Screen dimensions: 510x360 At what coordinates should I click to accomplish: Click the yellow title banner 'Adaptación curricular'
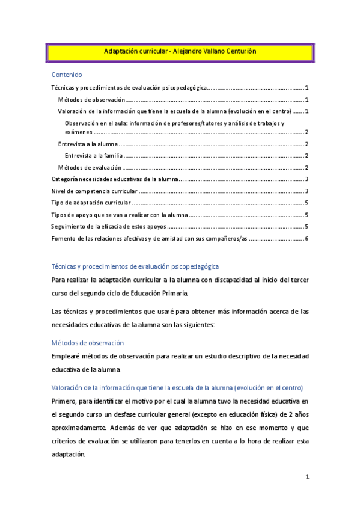(180, 52)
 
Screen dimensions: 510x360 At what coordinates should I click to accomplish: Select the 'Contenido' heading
(66, 75)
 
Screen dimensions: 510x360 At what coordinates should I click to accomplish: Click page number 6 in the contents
(307, 238)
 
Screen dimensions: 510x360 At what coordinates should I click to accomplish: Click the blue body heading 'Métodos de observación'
(88, 343)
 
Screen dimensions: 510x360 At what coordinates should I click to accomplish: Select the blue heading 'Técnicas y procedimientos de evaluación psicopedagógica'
(135, 266)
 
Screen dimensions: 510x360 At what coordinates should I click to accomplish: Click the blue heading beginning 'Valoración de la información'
(177, 387)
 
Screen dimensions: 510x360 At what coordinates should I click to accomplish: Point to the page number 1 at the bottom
(307, 477)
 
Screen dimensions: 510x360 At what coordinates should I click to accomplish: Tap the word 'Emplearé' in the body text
(66, 357)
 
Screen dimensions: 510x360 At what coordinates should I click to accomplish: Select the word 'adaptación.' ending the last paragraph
(69, 455)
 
